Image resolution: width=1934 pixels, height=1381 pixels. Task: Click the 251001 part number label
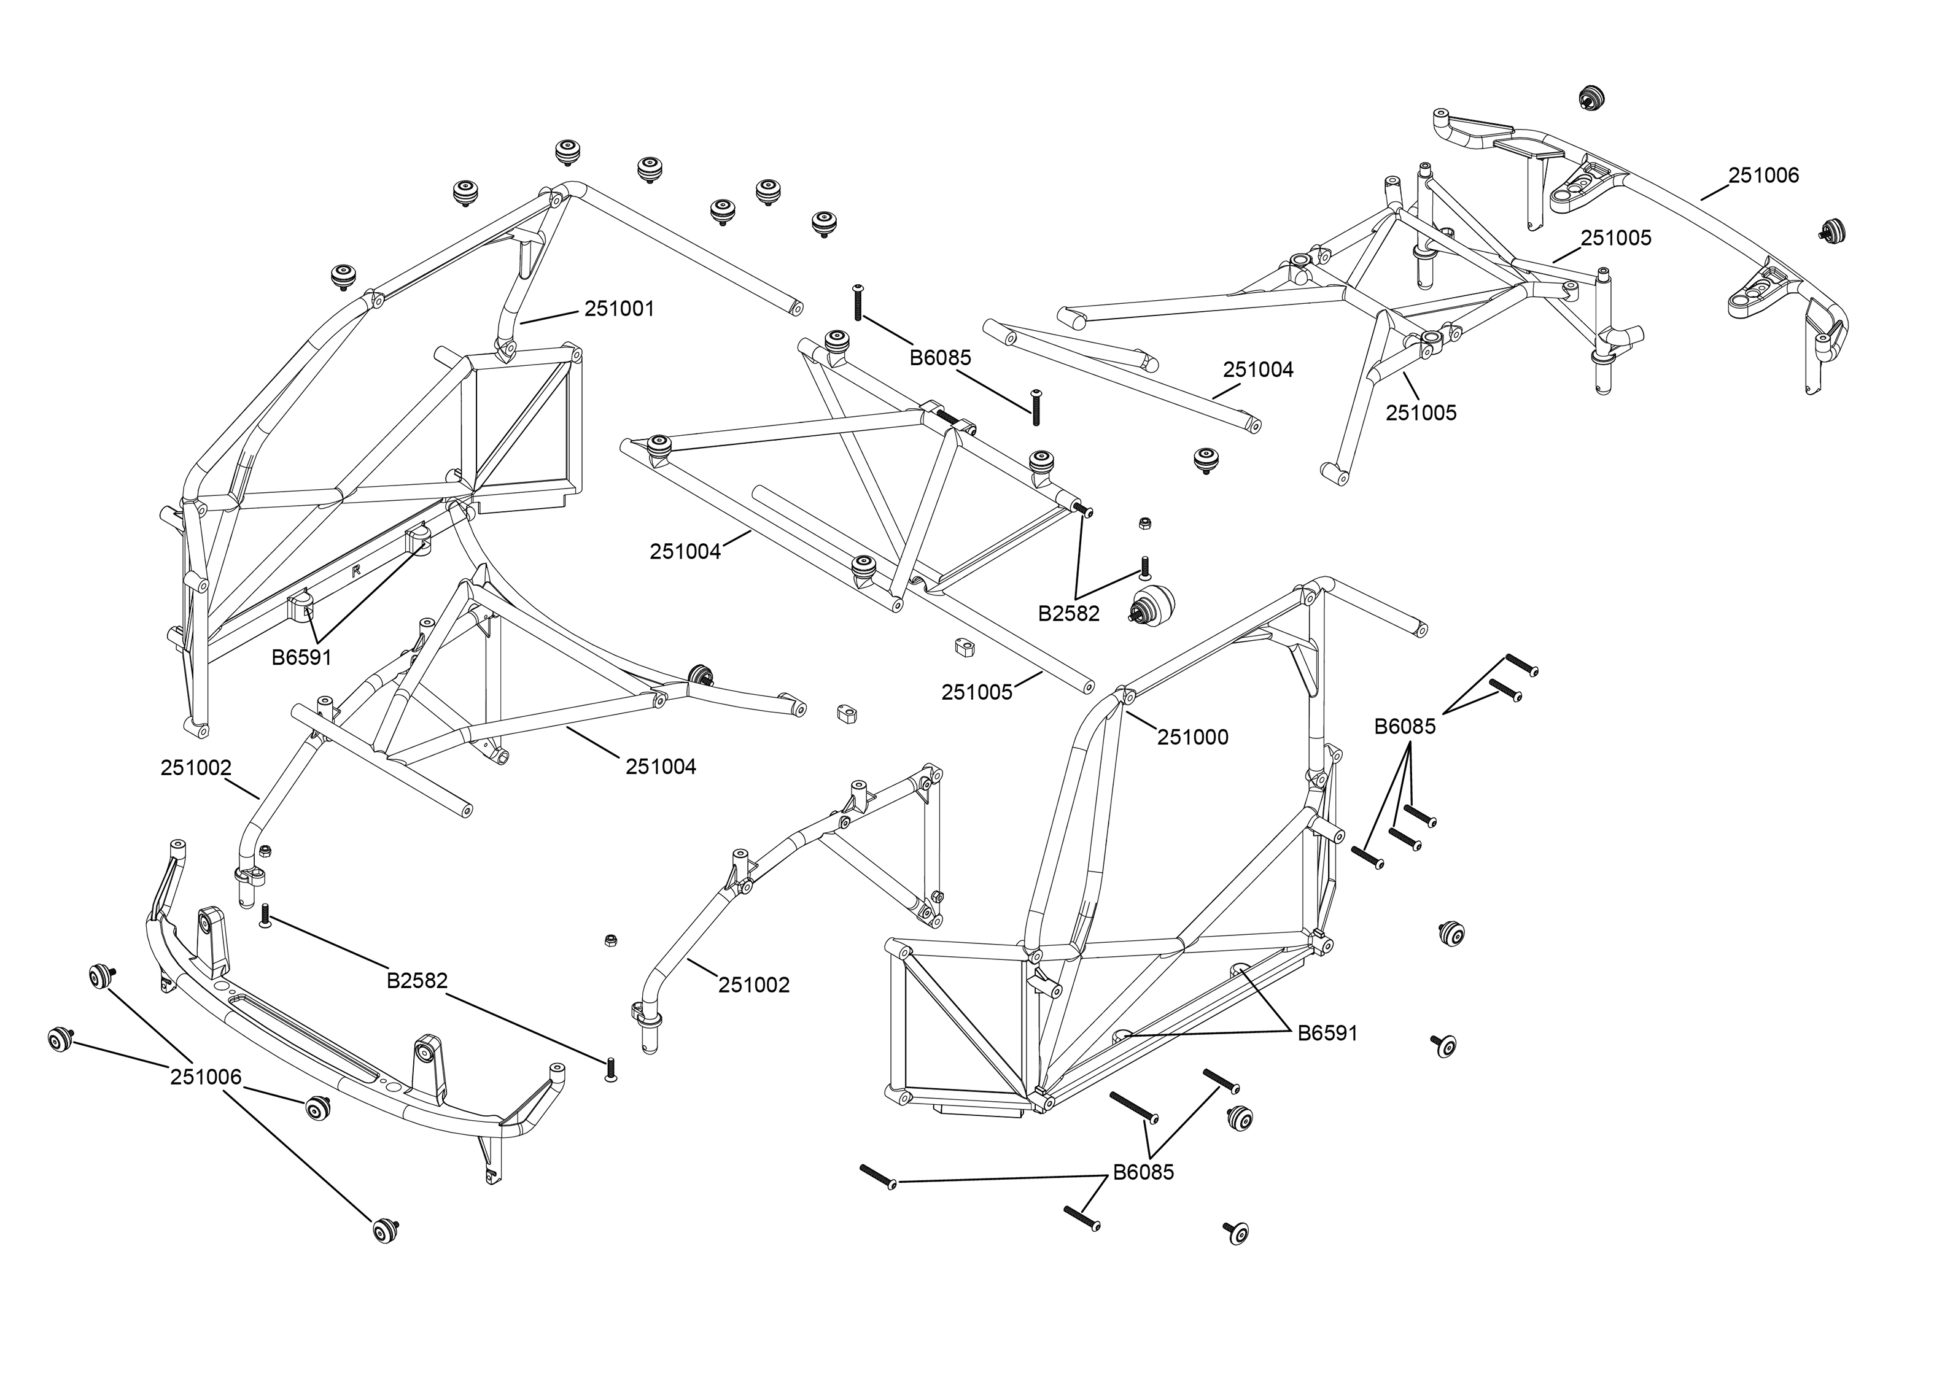[619, 309]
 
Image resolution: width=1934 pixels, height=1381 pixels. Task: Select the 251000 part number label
[1192, 737]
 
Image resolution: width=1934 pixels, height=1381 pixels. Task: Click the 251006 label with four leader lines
[206, 1077]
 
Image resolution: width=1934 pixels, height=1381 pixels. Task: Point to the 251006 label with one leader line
[1763, 175]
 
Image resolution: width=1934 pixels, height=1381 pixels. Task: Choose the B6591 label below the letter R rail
[301, 657]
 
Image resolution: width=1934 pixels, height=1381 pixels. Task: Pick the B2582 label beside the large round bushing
[1068, 613]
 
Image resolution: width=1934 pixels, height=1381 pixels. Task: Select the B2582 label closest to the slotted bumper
[417, 980]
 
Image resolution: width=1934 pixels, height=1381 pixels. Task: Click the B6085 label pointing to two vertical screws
[940, 358]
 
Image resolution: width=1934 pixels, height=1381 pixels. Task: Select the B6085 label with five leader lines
[1405, 726]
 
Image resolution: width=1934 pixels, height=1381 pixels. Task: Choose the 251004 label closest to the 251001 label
[685, 552]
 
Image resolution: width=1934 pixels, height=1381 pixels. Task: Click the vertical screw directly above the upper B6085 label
[858, 302]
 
